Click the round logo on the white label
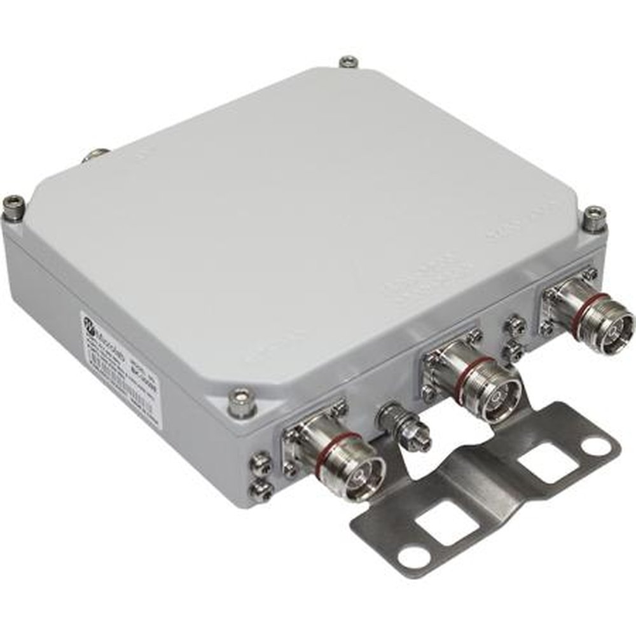[x=92, y=327]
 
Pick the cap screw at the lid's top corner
[x=348, y=62]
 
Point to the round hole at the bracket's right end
[x=597, y=446]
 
